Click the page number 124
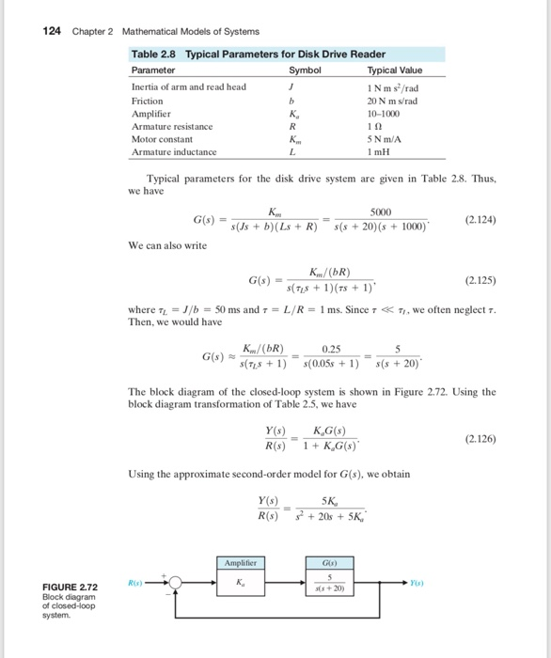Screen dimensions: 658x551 pyautogui.click(x=53, y=31)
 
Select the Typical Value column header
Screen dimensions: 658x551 pyautogui.click(x=395, y=70)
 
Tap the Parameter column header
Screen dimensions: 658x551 pyautogui.click(x=153, y=70)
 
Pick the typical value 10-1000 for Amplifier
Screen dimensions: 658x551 pyautogui.click(x=395, y=112)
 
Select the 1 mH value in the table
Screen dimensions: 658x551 pyautogui.click(x=395, y=151)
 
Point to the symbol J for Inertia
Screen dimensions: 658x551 pyautogui.click(x=296, y=86)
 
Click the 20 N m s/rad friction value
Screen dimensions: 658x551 pyautogui.click(x=395, y=100)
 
